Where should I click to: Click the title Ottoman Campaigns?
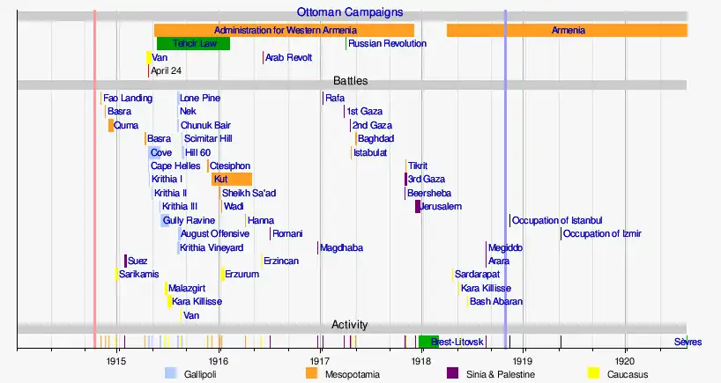pyautogui.click(x=349, y=12)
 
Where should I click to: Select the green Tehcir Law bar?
pyautogui.click(x=193, y=43)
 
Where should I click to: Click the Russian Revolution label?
pyautogui.click(x=387, y=43)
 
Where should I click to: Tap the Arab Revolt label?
pyautogui.click(x=288, y=57)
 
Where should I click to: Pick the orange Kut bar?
pyautogui.click(x=232, y=179)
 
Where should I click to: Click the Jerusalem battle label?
pyautogui.click(x=441, y=206)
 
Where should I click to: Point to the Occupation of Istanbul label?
pyautogui.click(x=557, y=220)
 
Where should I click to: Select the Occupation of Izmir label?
pyautogui.click(x=602, y=233)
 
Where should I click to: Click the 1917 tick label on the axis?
pyautogui.click(x=320, y=360)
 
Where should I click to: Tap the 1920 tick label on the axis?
pyautogui.click(x=625, y=360)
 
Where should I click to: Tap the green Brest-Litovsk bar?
pyautogui.click(x=428, y=341)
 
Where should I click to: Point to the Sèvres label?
pyautogui.click(x=688, y=342)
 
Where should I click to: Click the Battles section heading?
pyautogui.click(x=350, y=81)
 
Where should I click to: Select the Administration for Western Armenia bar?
pyautogui.click(x=284, y=30)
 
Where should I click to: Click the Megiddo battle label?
pyautogui.click(x=505, y=247)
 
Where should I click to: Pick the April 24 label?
pyautogui.click(x=166, y=70)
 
